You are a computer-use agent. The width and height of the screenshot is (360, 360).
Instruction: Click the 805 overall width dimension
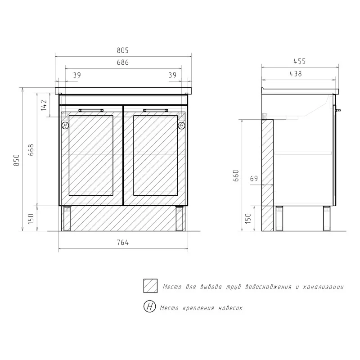coord(122,50)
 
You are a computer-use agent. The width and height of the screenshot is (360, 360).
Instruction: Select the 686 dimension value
coord(122,63)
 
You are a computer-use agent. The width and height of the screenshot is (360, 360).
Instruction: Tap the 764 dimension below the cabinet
coord(122,243)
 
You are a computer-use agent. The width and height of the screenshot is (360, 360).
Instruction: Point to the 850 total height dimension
coord(17,160)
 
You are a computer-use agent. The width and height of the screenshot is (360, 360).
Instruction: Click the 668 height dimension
coord(31,150)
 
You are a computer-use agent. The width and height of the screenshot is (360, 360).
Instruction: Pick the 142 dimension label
coord(44,105)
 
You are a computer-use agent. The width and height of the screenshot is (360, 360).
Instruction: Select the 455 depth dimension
coord(300,61)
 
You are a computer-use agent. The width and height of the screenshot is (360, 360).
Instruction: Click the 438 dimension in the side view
coord(296,74)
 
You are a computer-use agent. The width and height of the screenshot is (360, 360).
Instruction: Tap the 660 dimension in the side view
coord(236,176)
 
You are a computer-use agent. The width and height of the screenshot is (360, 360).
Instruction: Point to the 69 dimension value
coord(254,178)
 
